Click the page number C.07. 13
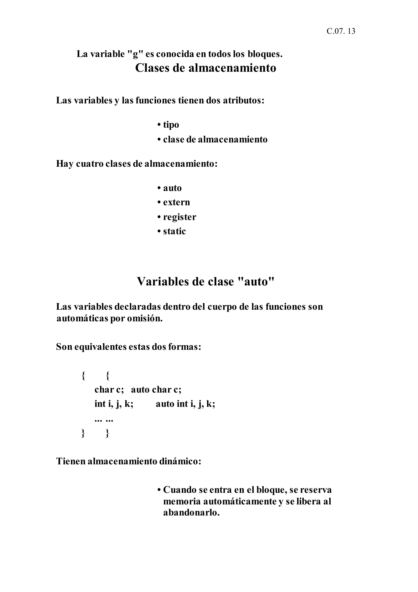[341, 31]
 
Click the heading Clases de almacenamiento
[206, 68]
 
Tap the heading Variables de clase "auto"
[206, 281]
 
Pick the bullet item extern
[176, 202]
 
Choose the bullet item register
[179, 217]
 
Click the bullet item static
[174, 231]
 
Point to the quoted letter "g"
[135, 54]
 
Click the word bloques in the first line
[265, 54]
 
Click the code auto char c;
[156, 389]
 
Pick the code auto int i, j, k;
[185, 404]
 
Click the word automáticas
[82, 319]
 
